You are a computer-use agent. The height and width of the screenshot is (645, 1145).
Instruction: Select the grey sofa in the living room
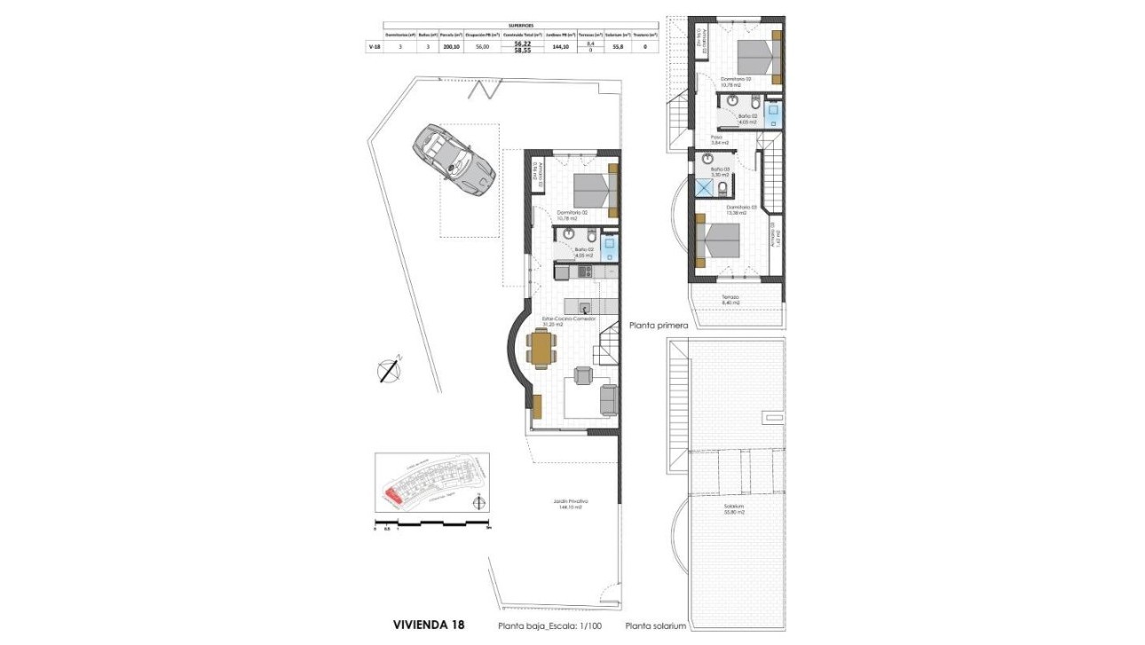tap(609, 400)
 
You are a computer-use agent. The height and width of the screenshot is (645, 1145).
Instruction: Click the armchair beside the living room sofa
tap(582, 375)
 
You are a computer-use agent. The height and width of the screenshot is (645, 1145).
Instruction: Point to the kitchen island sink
tap(587, 309)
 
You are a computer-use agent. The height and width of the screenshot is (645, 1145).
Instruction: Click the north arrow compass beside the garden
tap(389, 369)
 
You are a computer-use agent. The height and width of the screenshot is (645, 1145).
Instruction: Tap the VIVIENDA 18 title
tap(428, 625)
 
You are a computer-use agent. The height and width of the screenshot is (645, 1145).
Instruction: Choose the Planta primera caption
tap(659, 326)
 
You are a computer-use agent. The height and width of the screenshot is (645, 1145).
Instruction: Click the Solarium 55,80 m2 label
tap(732, 509)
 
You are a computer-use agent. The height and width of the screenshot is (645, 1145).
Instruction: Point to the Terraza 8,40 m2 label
tap(730, 300)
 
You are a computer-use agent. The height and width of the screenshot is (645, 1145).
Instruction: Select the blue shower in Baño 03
tap(705, 187)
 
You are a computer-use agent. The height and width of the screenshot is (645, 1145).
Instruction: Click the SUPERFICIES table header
tap(521, 26)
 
